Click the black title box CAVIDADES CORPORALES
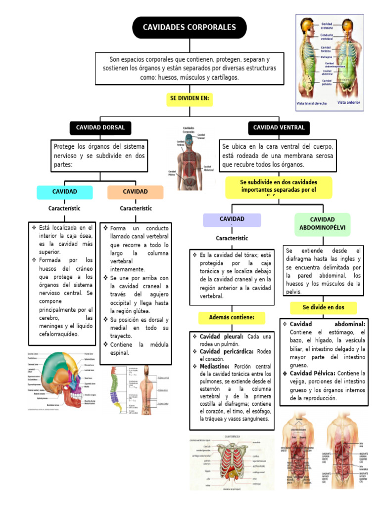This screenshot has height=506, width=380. (x=189, y=28)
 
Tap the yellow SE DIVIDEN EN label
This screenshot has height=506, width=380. (x=190, y=99)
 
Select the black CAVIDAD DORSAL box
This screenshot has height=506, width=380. (x=100, y=128)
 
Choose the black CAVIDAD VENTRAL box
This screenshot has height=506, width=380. (x=279, y=128)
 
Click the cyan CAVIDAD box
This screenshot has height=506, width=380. (x=65, y=192)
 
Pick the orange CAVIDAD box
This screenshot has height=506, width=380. (x=135, y=192)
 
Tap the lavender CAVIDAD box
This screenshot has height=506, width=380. (x=232, y=219)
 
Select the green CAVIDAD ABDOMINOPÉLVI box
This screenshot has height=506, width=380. (x=322, y=224)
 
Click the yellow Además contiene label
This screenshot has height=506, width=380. (x=232, y=317)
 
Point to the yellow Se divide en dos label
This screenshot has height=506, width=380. (x=323, y=307)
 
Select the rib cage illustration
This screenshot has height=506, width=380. (x=231, y=464)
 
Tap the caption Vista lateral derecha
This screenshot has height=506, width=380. (x=312, y=104)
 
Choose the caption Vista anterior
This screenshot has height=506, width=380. (x=349, y=103)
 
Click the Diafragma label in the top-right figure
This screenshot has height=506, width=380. (x=327, y=57)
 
